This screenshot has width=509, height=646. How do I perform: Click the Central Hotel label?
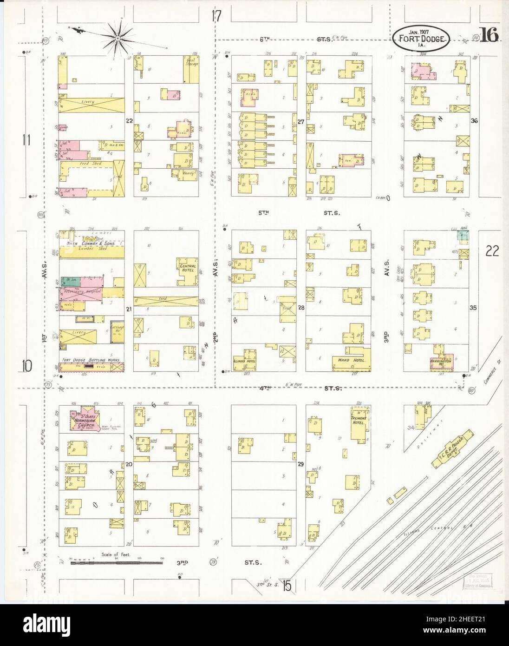pos(187,268)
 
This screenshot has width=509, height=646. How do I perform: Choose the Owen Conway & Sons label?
pos(91,243)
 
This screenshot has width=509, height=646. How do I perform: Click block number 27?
pos(301,122)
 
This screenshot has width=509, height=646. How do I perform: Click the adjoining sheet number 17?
pos(215,16)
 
